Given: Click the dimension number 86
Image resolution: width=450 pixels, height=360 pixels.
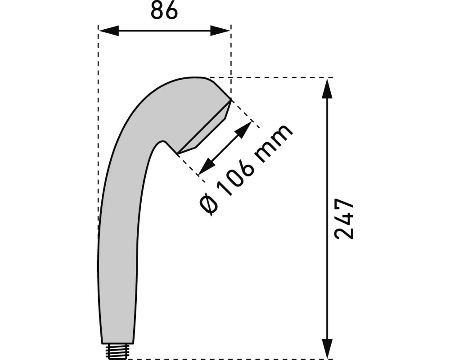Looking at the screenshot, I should click(164, 11).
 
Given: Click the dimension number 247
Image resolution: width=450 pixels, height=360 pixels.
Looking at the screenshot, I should click(345, 219).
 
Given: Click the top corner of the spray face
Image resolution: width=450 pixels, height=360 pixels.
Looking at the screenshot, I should click(230, 99).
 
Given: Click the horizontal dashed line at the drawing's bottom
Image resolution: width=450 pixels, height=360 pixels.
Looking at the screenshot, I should click(225, 359).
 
